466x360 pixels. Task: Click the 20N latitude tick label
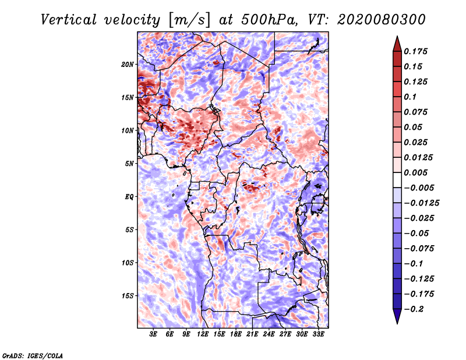tap(128, 65)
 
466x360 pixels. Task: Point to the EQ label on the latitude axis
tap(129, 197)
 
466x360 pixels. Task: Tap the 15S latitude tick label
tap(128, 296)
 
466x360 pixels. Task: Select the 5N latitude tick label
tap(129, 164)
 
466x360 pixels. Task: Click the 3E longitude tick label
tap(153, 334)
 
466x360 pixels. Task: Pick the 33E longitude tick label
tap(318, 334)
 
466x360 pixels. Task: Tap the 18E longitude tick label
tap(236, 334)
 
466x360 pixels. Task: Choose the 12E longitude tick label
tap(203, 334)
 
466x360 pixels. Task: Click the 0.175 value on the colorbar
tap(415, 51)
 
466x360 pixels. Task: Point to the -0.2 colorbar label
tap(414, 309)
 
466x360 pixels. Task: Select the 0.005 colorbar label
tap(415, 172)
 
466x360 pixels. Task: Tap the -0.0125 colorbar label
tap(421, 203)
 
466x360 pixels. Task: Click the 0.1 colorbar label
tap(410, 97)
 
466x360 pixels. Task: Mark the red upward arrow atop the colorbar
tap(397, 44)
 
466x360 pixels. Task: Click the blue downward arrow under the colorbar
tap(397, 316)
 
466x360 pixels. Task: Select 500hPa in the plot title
tap(269, 20)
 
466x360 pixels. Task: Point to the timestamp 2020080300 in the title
tap(382, 20)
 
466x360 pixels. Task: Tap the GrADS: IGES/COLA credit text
tap(33, 356)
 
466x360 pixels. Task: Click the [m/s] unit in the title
tap(190, 20)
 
